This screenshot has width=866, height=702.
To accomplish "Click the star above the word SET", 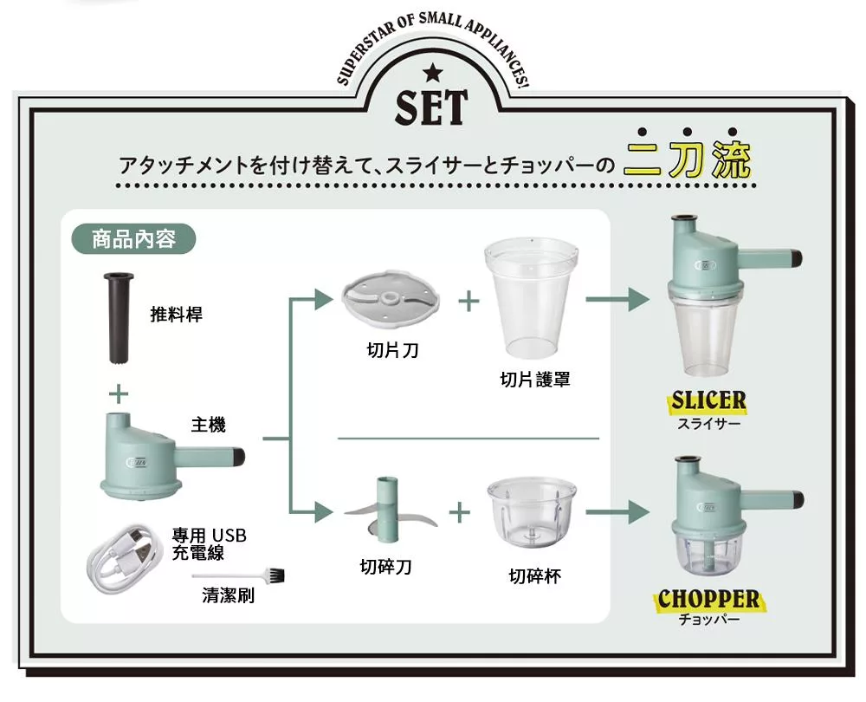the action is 432,73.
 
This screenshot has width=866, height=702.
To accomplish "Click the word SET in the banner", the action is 431,107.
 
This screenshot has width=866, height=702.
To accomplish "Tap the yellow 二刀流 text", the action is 687,159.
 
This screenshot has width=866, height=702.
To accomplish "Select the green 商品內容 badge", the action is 133,239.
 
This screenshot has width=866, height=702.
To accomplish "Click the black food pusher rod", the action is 119,317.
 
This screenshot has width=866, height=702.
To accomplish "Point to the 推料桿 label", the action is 176,314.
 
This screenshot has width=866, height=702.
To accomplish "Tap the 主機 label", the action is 208,425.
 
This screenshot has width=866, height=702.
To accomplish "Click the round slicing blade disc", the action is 391,300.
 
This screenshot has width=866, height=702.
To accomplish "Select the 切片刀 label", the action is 392,350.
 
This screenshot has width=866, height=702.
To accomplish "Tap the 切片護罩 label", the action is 534,380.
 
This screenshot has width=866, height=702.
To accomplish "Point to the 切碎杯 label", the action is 534,576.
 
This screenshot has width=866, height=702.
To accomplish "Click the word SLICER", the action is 708,400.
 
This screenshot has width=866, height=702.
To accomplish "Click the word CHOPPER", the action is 708,599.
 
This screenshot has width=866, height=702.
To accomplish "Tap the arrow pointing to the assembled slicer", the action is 617,300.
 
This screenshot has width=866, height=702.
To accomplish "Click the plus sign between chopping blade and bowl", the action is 460,512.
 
